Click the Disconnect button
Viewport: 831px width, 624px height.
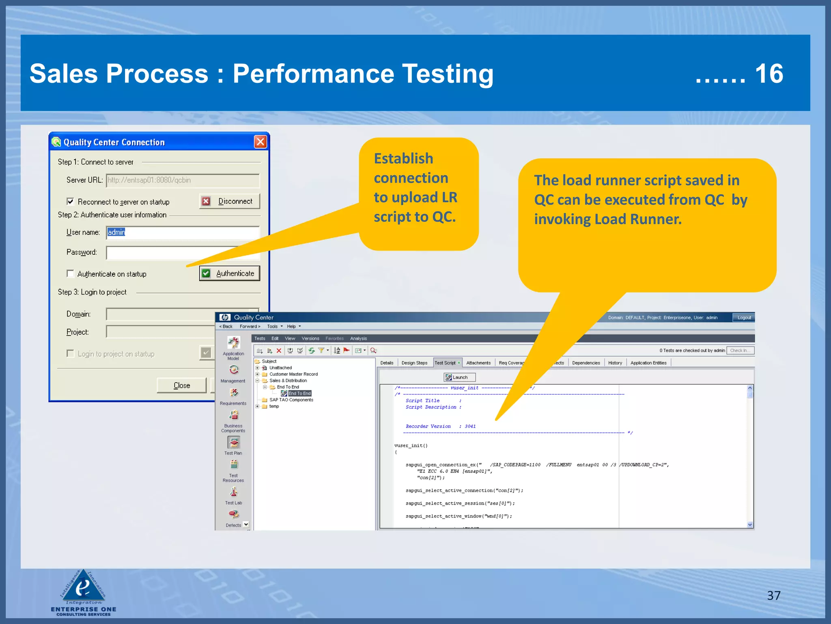(230, 201)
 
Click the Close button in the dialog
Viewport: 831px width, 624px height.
(181, 385)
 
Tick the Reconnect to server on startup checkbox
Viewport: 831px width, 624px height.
(71, 201)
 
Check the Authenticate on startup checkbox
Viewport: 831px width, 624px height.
(71, 273)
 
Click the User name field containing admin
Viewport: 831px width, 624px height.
(183, 232)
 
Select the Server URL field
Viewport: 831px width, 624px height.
(183, 180)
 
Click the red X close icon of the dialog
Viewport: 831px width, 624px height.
(260, 142)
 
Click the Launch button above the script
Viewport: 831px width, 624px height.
(459, 377)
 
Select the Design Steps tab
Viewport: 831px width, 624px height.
(414, 363)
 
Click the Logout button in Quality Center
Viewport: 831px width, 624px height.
(743, 317)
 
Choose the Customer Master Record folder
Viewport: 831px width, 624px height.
(293, 374)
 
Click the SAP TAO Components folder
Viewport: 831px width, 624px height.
(291, 400)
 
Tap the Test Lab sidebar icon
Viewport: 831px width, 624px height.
(234, 493)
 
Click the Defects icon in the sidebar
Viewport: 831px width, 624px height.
(234, 515)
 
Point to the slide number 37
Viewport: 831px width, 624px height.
(773, 595)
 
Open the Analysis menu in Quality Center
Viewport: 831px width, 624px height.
(358, 338)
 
